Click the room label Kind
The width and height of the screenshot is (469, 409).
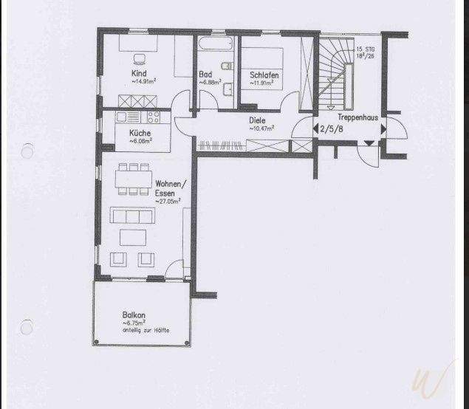[x=138, y=74]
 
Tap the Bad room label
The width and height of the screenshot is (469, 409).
[x=206, y=75]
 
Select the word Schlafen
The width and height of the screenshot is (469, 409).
[x=264, y=75]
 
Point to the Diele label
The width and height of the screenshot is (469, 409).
[x=257, y=120]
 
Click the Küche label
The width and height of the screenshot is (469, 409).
[x=140, y=132]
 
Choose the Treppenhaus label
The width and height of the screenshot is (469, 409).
[x=354, y=117]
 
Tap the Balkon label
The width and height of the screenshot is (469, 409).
[x=134, y=315]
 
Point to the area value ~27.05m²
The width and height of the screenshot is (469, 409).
[x=168, y=201]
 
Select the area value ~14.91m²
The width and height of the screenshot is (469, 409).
[x=143, y=82]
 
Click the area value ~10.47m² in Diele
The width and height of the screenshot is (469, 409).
[x=261, y=128]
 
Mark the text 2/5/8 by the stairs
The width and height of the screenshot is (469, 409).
[x=329, y=128]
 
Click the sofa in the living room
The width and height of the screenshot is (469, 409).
[x=132, y=215]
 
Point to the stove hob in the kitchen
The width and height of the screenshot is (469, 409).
[x=154, y=117]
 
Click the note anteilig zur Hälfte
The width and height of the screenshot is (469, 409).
[x=146, y=330]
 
